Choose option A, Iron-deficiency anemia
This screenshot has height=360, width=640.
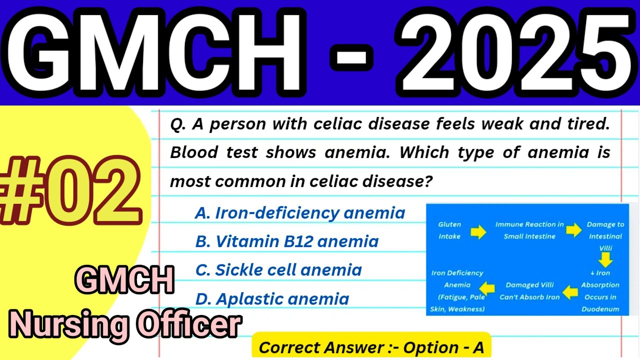[x=299, y=213]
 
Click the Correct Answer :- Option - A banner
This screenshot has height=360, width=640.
[x=371, y=347]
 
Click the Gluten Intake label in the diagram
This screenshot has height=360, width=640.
[x=449, y=230]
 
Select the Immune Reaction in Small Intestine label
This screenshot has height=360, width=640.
[x=529, y=230]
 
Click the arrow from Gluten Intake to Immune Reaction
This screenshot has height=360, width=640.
[x=478, y=231]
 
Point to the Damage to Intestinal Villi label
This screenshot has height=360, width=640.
[x=605, y=236]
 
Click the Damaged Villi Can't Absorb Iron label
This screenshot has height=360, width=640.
[x=529, y=291]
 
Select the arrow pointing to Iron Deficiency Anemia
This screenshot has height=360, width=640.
[x=487, y=288]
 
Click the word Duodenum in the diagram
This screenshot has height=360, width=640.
[x=600, y=309]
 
